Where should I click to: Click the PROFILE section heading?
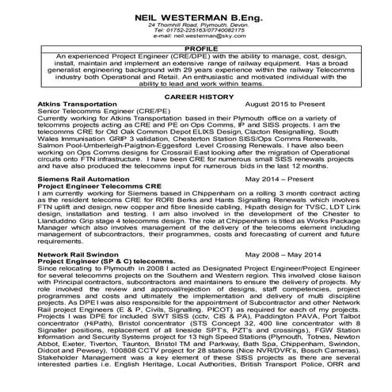coord(196,47)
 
